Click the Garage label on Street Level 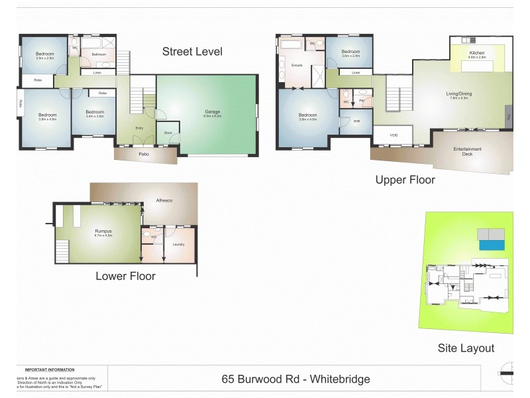[212, 112]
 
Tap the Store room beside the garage [168, 133]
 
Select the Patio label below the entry [144, 154]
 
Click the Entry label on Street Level [139, 127]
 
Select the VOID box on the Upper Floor [394, 135]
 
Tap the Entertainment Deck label [467, 151]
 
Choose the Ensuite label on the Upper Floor [297, 66]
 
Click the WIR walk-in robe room [347, 121]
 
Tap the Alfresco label [164, 200]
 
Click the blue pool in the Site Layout [492, 245]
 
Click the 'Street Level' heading [192, 52]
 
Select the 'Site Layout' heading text [466, 348]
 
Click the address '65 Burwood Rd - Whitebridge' [295, 379]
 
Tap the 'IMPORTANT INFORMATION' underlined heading [50, 369]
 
